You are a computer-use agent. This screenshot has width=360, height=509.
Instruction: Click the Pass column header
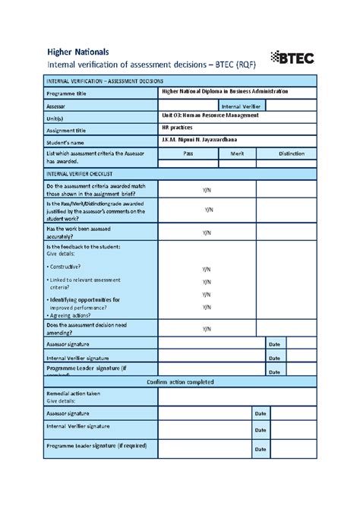[188, 153]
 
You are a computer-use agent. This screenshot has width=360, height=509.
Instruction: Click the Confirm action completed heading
[180, 382]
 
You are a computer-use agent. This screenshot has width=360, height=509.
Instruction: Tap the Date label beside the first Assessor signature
[274, 344]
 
